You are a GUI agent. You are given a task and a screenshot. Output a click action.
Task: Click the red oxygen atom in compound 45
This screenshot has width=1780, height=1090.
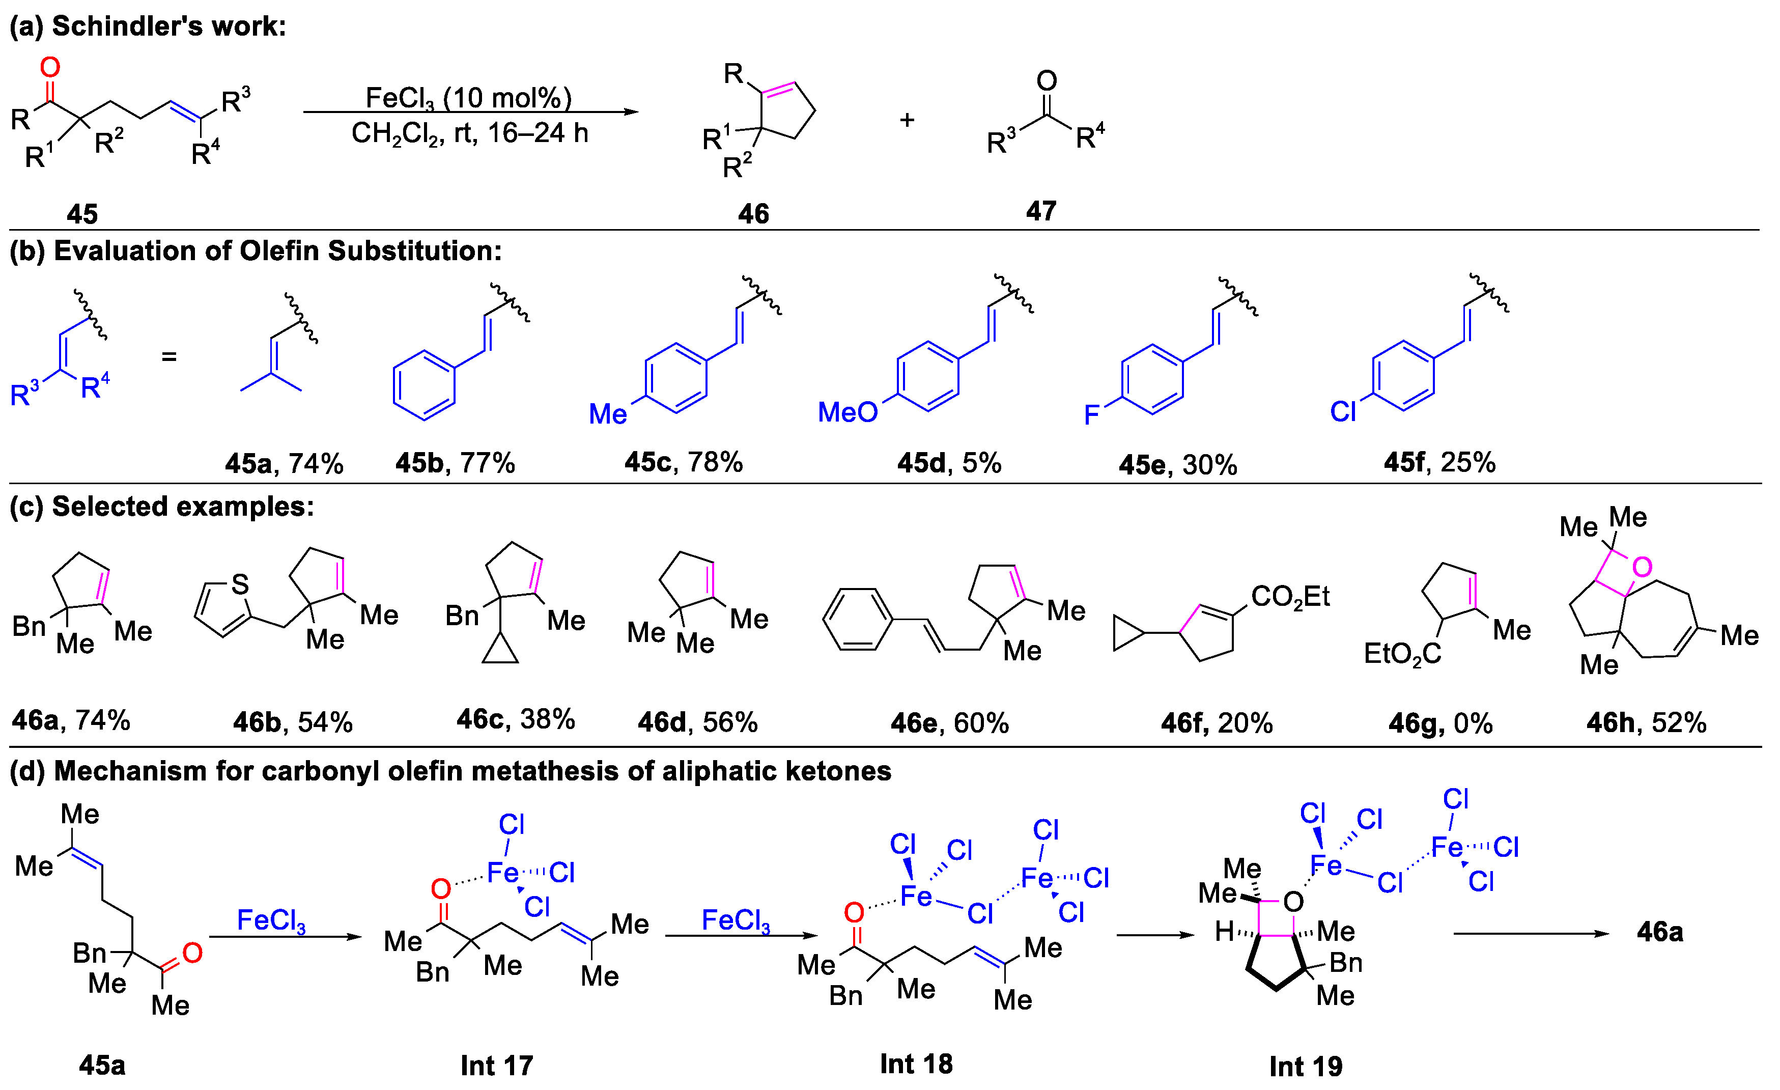pyautogui.click(x=50, y=67)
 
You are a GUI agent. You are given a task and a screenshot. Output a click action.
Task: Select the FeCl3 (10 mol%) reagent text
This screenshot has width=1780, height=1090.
pyautogui.click(x=468, y=98)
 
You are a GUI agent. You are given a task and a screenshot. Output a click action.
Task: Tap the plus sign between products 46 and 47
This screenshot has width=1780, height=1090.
pyautogui.click(x=908, y=120)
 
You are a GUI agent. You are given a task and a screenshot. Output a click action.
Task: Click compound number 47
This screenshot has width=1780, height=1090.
pyautogui.click(x=1041, y=211)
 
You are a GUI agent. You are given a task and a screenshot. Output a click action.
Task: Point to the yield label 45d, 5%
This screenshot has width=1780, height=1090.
pyautogui.click(x=948, y=463)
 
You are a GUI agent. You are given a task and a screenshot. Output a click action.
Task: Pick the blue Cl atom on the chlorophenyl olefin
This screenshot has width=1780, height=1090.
pyautogui.click(x=1343, y=412)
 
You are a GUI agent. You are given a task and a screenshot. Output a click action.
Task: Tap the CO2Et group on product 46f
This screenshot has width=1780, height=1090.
pyautogui.click(x=1290, y=597)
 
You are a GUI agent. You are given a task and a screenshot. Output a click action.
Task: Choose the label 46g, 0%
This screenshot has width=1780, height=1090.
pyautogui.click(x=1440, y=723)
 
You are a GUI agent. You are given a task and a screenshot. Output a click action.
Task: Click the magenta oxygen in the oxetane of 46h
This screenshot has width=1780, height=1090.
pyautogui.click(x=1642, y=567)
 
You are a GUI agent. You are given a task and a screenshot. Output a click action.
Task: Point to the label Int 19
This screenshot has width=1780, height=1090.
pyautogui.click(x=1306, y=1066)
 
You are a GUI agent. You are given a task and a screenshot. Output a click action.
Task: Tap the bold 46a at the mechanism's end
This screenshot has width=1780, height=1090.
pyautogui.click(x=1659, y=932)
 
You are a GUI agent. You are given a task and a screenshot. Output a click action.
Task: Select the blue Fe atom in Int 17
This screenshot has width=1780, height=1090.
pyautogui.click(x=503, y=873)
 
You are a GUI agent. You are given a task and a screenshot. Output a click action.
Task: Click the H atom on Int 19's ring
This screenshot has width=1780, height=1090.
pyautogui.click(x=1224, y=931)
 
